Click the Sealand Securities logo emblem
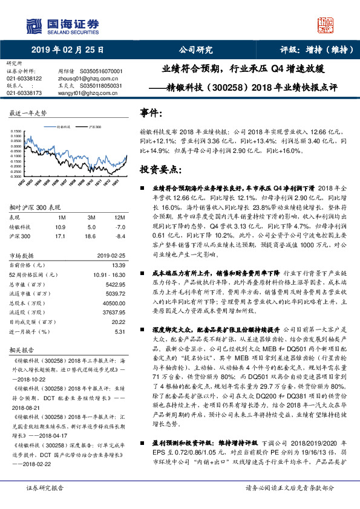[34, 25]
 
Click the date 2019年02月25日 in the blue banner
[59, 51]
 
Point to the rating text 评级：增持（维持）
[315, 51]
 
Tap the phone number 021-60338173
[24, 93]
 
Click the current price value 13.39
[117, 264]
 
